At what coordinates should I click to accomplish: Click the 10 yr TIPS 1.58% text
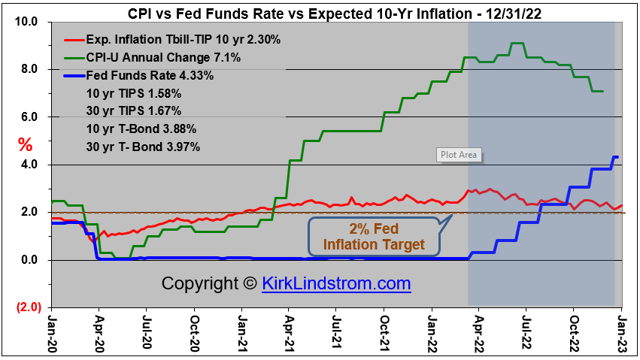tap(135, 93)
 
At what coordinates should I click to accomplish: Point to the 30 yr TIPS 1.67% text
tap(135, 111)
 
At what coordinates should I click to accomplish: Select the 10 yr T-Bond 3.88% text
tap(142, 129)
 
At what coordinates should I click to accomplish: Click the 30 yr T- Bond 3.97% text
tap(144, 147)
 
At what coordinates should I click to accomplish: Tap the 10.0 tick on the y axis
tap(26, 22)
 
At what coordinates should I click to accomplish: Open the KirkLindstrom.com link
tap(336, 284)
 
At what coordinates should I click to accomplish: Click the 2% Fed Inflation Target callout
tap(374, 236)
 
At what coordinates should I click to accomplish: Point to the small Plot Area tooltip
tap(458, 156)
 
